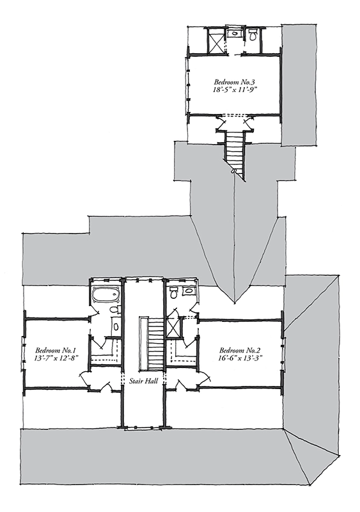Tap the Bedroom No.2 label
(240, 350)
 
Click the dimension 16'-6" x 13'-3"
(240, 358)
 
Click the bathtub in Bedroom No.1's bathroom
(106, 295)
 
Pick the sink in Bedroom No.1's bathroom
(116, 326)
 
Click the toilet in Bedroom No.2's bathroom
(173, 292)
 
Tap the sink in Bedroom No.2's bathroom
(187, 291)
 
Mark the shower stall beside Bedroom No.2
(173, 328)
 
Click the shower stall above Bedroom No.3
(215, 40)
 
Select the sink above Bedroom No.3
(234, 33)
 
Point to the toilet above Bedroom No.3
(253, 35)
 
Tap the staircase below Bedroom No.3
(235, 150)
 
